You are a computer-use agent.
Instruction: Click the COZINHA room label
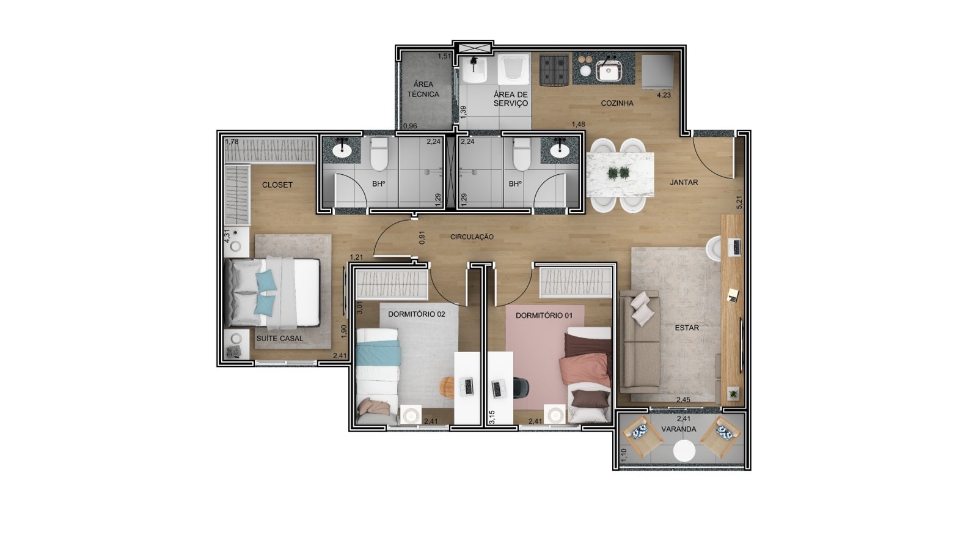tap(617, 103)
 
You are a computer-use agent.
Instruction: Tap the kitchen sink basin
tap(609, 70)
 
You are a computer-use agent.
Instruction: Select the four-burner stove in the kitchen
tap(554, 70)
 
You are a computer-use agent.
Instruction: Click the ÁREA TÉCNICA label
tap(423, 89)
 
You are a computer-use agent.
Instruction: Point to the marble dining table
tap(620, 174)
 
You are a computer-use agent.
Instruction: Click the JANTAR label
tap(684, 183)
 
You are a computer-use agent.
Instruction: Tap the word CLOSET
tap(277, 185)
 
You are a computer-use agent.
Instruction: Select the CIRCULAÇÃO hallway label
tap(472, 237)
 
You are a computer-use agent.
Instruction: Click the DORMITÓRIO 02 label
tap(417, 314)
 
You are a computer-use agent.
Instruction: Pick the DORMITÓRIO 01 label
tap(544, 315)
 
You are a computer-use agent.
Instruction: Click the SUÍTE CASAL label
tap(280, 339)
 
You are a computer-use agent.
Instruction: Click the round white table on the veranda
tap(684, 451)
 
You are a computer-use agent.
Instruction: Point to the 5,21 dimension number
tap(739, 202)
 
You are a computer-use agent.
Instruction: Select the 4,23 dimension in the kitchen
tap(664, 95)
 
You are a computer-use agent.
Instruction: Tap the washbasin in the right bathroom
tap(558, 150)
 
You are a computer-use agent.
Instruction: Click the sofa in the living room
tap(640, 341)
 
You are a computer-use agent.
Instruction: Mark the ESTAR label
tap(687, 328)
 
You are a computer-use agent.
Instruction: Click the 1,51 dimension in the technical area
tap(445, 56)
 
